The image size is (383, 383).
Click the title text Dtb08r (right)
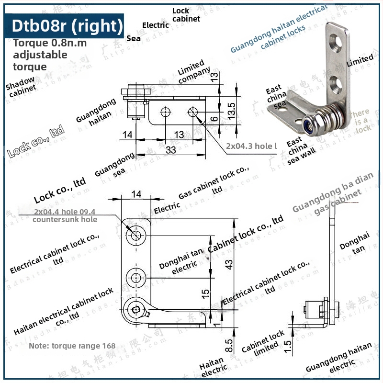[65, 25]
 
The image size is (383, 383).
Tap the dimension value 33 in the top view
[171, 150]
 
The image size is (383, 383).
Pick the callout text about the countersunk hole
[65, 215]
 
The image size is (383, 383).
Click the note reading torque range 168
[72, 346]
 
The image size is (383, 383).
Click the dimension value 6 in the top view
[214, 118]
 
